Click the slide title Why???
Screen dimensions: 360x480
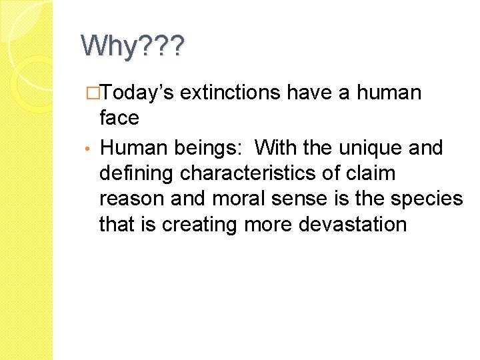[x=133, y=47]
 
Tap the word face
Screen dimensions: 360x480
[x=119, y=119]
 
